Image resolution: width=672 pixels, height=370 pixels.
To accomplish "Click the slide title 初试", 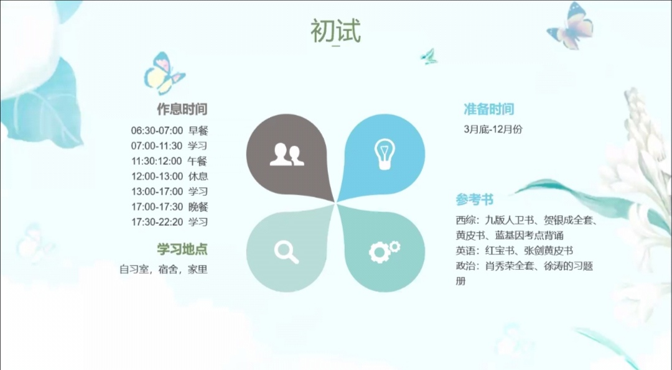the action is (x=335, y=31).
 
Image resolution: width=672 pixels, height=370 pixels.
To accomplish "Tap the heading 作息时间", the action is (x=182, y=109).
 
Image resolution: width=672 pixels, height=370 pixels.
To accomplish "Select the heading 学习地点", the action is (x=182, y=249).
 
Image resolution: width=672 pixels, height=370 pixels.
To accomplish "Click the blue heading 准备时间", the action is (x=488, y=109).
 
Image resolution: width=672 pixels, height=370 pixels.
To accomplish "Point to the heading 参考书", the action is (x=474, y=199).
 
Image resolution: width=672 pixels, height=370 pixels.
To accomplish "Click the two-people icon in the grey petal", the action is (x=287, y=154).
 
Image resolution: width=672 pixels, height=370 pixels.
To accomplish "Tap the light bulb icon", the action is (x=384, y=154).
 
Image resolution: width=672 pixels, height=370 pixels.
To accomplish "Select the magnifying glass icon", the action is (x=286, y=252).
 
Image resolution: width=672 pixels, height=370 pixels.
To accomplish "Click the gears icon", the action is (x=385, y=251).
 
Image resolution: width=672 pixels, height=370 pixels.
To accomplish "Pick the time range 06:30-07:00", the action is (x=157, y=131).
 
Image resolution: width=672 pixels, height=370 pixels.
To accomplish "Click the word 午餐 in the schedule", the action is (x=198, y=161).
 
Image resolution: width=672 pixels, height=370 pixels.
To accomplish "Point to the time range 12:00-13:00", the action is (x=157, y=176).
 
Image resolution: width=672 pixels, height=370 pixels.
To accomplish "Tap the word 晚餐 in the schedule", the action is (x=198, y=207).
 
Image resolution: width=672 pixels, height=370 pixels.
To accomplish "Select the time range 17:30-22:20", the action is (x=157, y=222).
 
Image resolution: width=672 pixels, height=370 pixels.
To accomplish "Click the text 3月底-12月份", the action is (x=493, y=129).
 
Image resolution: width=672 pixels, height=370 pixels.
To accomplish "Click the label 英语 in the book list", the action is (x=465, y=251).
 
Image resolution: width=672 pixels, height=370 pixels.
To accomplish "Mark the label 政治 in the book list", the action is (x=465, y=266).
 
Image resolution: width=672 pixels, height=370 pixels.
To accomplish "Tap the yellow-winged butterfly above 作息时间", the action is (x=164, y=73).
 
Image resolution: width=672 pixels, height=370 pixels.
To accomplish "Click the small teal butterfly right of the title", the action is (x=429, y=57).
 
